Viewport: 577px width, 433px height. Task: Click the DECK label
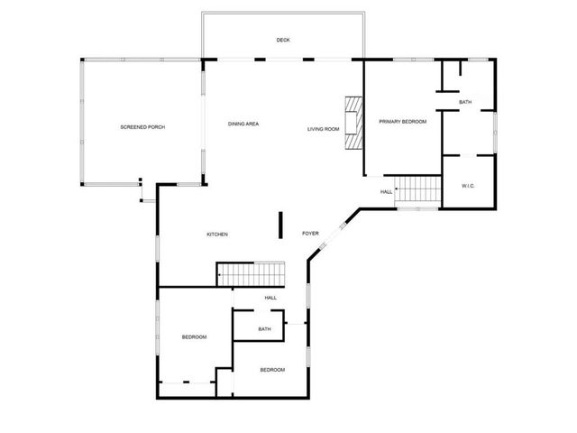(283, 40)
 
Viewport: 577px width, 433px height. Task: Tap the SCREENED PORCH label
(142, 126)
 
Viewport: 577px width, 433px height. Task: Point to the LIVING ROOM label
(323, 129)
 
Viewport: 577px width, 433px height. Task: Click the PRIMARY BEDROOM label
(402, 121)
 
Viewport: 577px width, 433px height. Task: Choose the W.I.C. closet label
(468, 186)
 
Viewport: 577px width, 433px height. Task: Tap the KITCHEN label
(217, 235)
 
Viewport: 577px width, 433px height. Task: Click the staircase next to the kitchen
(250, 272)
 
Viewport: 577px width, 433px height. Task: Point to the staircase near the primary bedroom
(418, 190)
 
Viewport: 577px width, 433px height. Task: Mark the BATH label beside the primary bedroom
(464, 102)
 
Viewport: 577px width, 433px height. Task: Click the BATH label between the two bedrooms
(264, 329)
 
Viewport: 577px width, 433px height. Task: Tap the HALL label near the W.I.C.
(386, 192)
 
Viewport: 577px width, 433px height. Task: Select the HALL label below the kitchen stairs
(270, 298)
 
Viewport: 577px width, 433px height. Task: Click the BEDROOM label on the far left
(194, 337)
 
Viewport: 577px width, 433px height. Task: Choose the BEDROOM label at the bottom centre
(272, 370)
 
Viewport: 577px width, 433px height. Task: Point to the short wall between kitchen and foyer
(280, 223)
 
